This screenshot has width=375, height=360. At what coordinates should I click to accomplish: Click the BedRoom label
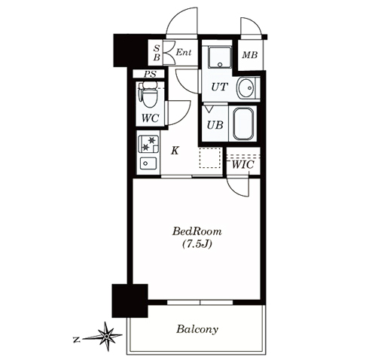[197, 231]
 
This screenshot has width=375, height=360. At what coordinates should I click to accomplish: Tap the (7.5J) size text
[197, 244]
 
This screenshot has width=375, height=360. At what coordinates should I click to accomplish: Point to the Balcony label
[197, 329]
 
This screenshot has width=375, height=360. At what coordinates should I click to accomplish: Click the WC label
[150, 118]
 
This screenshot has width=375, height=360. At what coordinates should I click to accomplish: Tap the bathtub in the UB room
[243, 124]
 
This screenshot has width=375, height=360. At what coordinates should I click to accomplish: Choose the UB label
[215, 125]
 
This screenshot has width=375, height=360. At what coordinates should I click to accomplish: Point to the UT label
[220, 87]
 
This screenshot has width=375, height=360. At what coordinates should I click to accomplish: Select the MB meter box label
[250, 55]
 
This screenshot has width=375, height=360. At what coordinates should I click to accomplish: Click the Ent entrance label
[184, 52]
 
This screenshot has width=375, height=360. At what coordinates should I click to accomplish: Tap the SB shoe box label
[157, 53]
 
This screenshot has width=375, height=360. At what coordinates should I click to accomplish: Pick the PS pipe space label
[150, 74]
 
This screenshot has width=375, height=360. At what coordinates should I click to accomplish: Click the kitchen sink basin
[148, 164]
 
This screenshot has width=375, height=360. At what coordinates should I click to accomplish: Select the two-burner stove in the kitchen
[148, 144]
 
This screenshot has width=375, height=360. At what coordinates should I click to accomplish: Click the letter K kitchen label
[175, 151]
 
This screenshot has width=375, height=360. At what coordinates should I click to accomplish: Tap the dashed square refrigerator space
[210, 158]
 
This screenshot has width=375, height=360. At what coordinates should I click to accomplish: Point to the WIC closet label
[242, 165]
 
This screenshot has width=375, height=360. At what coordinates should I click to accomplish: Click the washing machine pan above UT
[221, 57]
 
